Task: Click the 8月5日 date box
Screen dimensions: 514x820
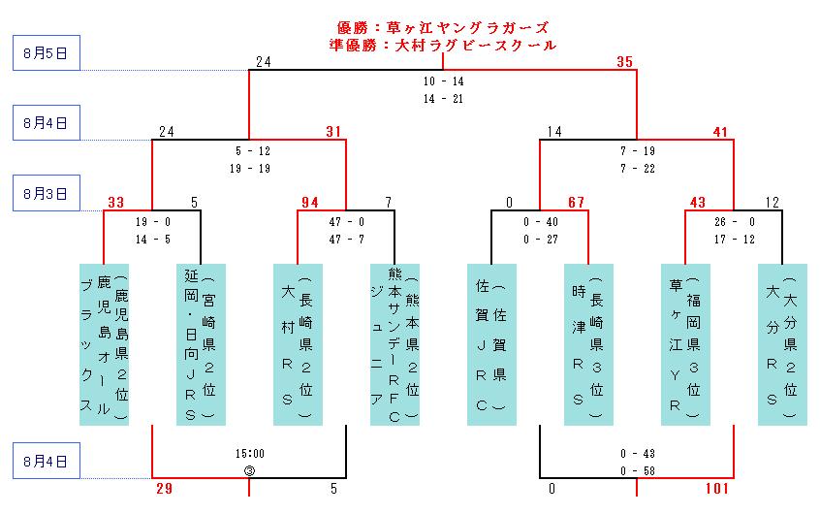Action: point(45,53)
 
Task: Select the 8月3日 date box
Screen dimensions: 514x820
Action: point(45,194)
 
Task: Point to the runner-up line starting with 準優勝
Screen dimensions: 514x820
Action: point(444,45)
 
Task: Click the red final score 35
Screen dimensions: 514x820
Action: point(625,63)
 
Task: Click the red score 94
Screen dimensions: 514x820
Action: point(310,203)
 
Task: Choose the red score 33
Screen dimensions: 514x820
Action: point(116,203)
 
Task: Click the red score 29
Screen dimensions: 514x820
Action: point(165,490)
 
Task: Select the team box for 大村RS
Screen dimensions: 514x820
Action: point(298,343)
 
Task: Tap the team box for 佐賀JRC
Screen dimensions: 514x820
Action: point(491,343)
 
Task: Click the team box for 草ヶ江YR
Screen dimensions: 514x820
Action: point(685,343)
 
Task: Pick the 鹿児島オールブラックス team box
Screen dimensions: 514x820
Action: point(104,343)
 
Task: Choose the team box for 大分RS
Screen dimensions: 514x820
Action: point(782,343)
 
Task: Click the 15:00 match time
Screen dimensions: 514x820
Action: point(249,453)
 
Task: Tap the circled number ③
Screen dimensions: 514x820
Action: point(249,470)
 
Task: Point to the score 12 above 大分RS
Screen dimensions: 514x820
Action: point(771,203)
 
